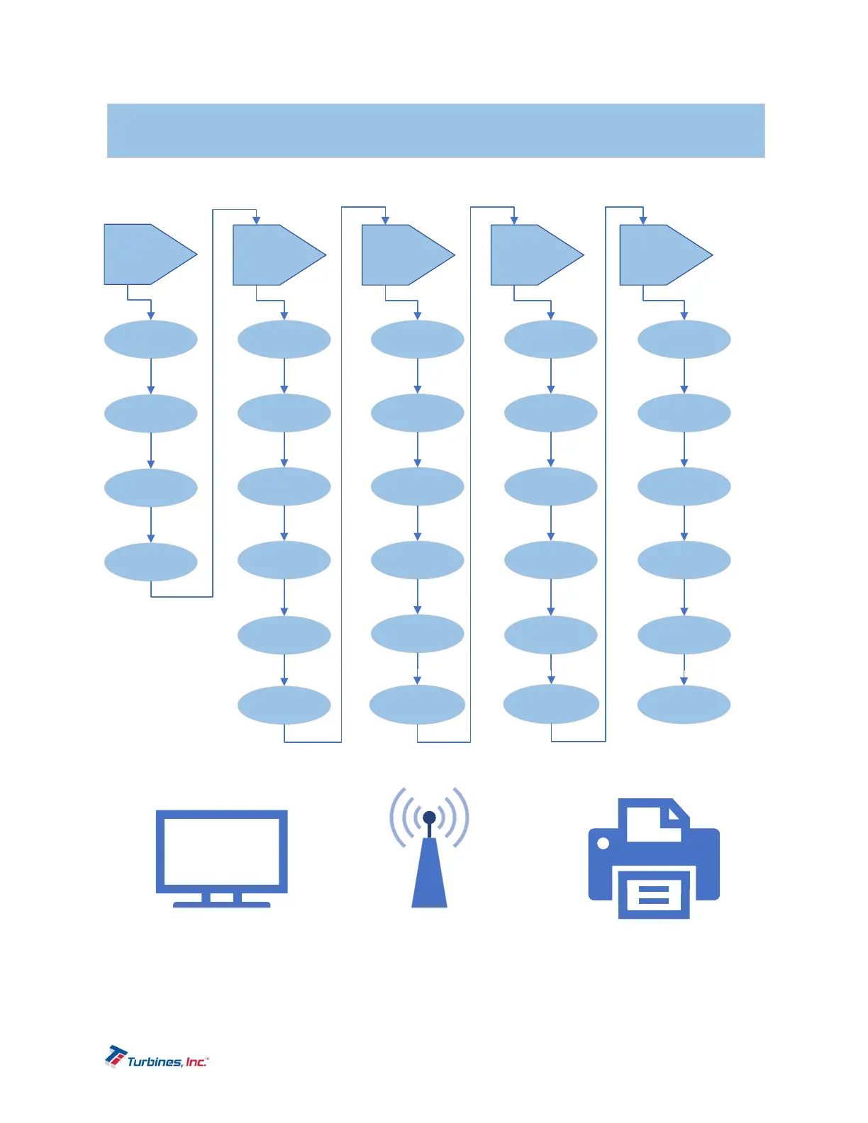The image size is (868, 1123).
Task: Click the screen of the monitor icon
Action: click(x=221, y=851)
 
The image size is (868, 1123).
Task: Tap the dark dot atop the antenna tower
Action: click(x=429, y=817)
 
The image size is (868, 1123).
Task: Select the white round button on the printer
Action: click(x=603, y=844)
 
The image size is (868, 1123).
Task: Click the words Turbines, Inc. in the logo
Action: click(x=167, y=1061)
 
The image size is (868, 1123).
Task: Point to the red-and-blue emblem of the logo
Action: click(x=116, y=1055)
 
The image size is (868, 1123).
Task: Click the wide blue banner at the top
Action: click(x=435, y=130)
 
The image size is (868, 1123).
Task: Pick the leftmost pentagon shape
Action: click(x=145, y=255)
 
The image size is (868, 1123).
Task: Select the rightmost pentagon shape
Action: click(x=661, y=255)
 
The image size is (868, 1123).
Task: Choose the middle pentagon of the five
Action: click(x=403, y=255)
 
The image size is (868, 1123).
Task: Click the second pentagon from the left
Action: click(x=274, y=255)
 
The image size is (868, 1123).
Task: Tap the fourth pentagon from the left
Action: click(x=532, y=255)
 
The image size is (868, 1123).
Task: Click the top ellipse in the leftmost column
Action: click(x=150, y=340)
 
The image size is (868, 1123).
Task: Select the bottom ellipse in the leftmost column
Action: click(x=150, y=562)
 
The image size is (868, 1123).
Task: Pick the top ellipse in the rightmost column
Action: click(x=684, y=340)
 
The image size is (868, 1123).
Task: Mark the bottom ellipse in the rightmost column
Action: click(x=684, y=705)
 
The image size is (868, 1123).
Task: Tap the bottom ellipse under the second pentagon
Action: click(x=284, y=705)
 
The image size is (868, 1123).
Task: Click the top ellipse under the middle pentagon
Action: click(x=417, y=340)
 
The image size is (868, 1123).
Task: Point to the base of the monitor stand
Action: click(x=221, y=904)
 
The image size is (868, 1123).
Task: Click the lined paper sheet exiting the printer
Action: click(x=654, y=895)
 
